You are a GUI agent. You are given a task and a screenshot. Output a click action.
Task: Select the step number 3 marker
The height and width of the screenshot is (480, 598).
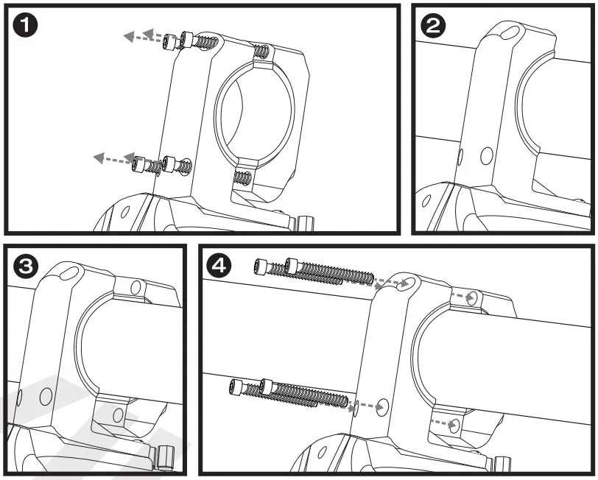(x=27, y=267)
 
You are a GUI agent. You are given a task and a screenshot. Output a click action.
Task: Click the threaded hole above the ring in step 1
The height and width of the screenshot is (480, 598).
(x=261, y=52)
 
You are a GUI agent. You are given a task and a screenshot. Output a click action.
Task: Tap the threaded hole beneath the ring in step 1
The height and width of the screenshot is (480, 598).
(x=242, y=177)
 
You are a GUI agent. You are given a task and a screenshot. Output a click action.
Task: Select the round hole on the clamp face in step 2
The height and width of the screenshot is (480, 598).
(x=486, y=155)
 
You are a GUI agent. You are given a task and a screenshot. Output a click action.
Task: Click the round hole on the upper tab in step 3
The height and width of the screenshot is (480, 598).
(x=135, y=286)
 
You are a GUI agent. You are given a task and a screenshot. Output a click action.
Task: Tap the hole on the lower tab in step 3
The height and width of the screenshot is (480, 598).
(x=117, y=414)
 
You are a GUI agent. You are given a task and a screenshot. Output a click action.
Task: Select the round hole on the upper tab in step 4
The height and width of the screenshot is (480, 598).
(x=473, y=297)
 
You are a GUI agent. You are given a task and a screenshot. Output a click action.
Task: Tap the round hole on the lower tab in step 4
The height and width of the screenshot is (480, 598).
(x=454, y=426)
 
